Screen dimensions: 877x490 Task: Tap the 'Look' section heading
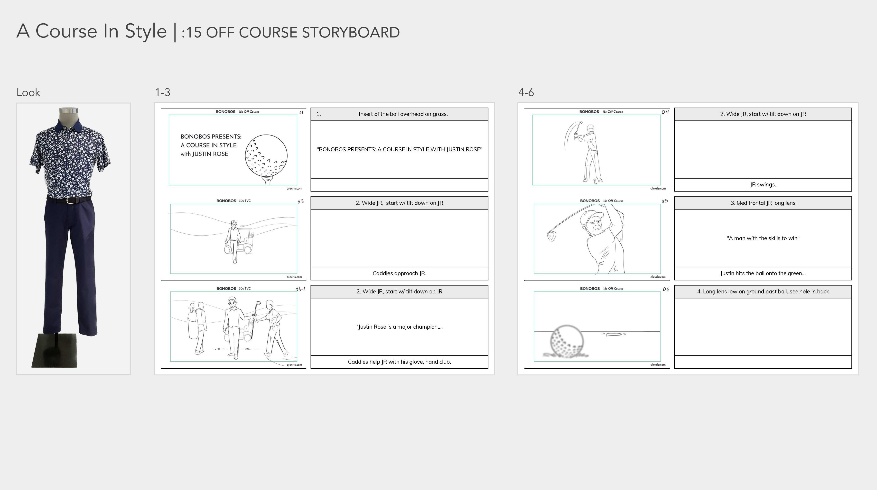pos(28,92)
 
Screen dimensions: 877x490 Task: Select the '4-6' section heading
pos(526,92)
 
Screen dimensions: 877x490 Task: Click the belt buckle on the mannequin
pos(70,200)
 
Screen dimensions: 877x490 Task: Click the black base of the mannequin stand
pos(55,351)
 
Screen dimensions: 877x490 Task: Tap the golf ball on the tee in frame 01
pos(266,155)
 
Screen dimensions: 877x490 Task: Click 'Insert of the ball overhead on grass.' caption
pos(403,114)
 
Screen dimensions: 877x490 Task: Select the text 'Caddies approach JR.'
pos(399,273)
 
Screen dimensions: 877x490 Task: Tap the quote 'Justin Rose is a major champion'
pos(399,327)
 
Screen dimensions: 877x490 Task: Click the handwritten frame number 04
pos(665,112)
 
